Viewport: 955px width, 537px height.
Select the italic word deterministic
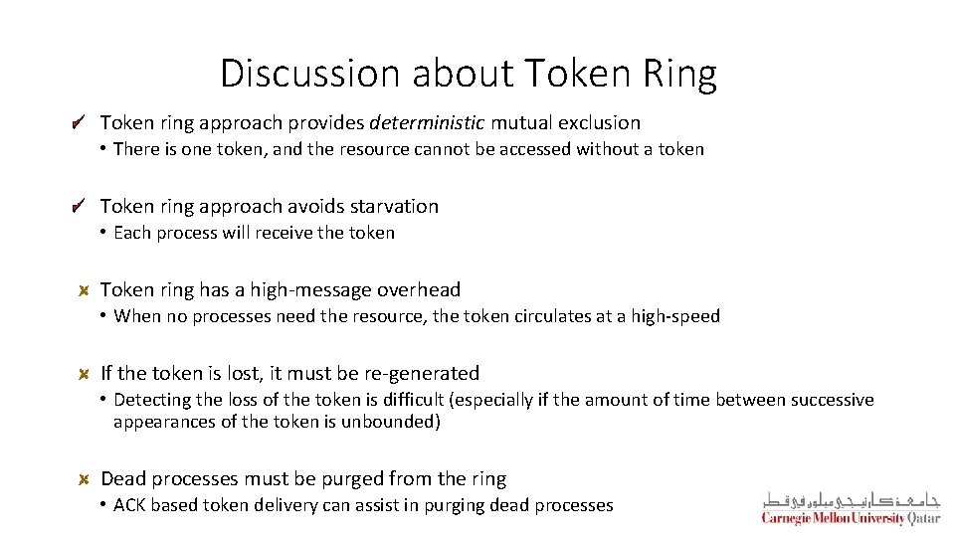click(x=425, y=123)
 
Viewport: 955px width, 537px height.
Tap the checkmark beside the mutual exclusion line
click(x=79, y=123)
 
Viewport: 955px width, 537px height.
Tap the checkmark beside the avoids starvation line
click(x=79, y=207)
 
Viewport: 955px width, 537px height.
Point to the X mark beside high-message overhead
click(x=85, y=290)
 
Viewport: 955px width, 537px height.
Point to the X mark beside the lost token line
click(x=85, y=374)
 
